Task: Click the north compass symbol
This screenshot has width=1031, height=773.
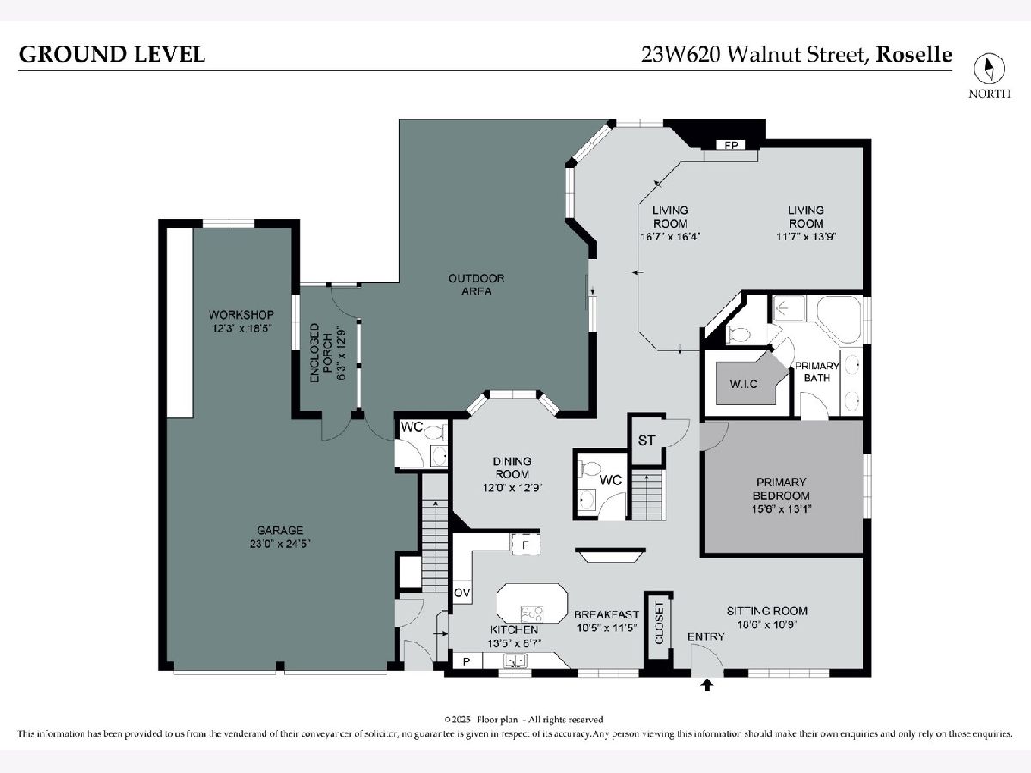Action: click(989, 69)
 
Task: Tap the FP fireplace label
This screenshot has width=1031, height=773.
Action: click(731, 145)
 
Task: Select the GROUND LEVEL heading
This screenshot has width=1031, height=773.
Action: click(112, 54)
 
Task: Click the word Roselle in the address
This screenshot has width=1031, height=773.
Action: click(914, 54)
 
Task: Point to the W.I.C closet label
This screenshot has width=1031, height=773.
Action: click(743, 384)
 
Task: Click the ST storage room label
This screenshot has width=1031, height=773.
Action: click(646, 441)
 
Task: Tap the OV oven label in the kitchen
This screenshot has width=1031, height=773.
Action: click(462, 593)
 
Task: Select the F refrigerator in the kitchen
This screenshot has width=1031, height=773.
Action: click(526, 545)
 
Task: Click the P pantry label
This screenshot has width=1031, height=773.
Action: click(467, 661)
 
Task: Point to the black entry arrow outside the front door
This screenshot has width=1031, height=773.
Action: click(706, 685)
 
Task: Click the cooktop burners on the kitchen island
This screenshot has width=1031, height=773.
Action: click(532, 613)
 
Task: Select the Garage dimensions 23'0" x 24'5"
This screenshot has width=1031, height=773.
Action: click(280, 544)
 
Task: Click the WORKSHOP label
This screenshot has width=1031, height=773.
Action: click(241, 314)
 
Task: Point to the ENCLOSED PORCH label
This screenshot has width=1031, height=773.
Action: click(320, 352)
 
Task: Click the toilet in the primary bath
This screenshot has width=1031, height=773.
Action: click(738, 335)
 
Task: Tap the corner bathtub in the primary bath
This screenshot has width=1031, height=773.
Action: click(839, 320)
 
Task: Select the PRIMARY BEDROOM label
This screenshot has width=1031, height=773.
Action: click(782, 489)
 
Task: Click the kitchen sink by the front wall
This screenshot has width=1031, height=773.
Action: click(515, 660)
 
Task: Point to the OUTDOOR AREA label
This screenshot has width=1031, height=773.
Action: click(477, 284)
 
